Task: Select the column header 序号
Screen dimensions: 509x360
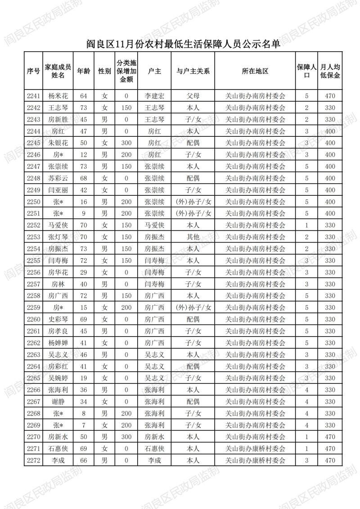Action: click(33, 71)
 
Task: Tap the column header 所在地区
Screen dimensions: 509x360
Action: click(255, 71)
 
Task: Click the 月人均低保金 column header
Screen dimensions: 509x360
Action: click(330, 71)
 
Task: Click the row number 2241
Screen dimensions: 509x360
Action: click(33, 96)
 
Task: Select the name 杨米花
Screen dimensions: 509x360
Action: click(58, 96)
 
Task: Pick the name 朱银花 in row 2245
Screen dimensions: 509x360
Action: click(58, 143)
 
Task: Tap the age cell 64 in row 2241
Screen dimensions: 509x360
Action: click(83, 96)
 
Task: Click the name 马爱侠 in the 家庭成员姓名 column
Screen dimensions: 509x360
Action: click(58, 225)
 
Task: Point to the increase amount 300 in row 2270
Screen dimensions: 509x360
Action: click(126, 437)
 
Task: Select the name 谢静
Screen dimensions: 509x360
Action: click(58, 401)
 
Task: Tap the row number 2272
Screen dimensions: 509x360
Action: click(33, 460)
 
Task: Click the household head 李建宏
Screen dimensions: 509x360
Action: click(154, 96)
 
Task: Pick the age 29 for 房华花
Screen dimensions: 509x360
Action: click(83, 272)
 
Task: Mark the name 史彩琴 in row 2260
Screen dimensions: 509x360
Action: click(58, 319)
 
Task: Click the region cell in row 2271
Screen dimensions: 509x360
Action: click(255, 449)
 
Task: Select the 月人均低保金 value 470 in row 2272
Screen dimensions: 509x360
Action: click(330, 460)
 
